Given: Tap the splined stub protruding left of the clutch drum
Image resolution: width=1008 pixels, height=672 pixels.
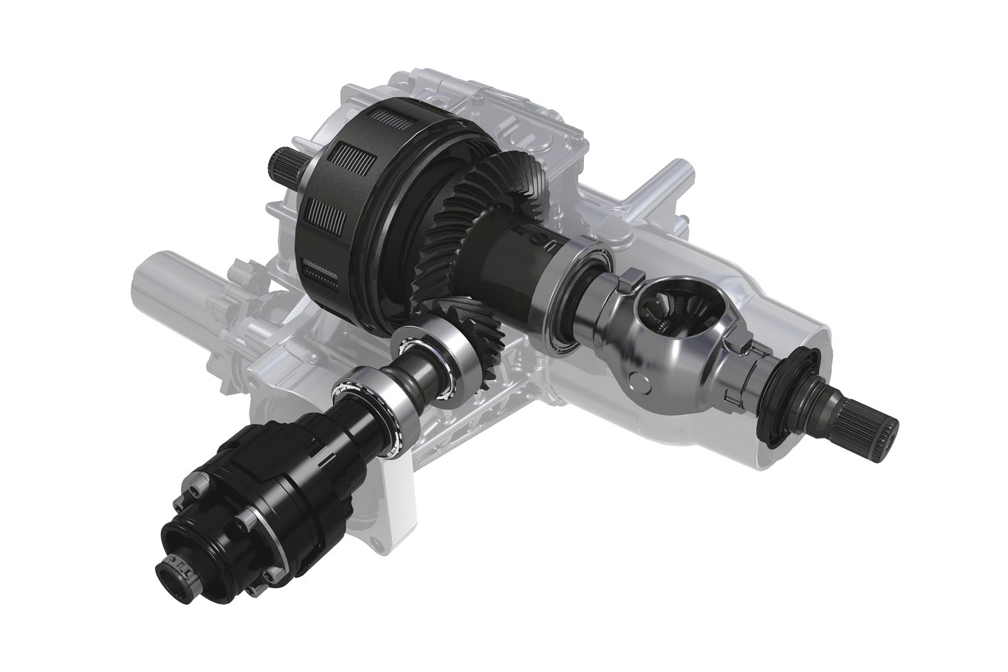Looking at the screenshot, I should coord(282,166).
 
